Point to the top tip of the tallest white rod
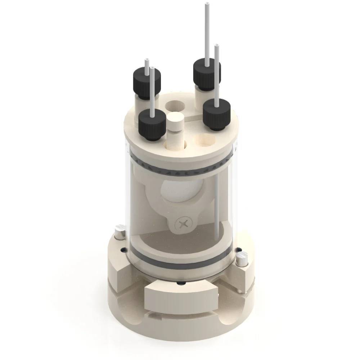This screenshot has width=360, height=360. (x=207, y=4)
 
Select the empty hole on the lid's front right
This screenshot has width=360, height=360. (x=203, y=140)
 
